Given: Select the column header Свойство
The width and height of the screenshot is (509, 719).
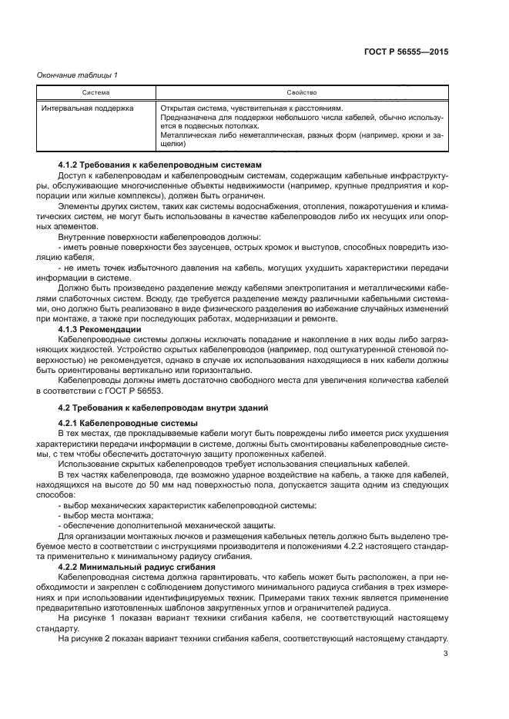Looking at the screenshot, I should coord(301,92).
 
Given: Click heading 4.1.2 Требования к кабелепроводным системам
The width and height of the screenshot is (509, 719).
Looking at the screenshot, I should coord(160,165).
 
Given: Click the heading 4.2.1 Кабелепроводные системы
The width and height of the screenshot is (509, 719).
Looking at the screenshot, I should coord(128,424).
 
